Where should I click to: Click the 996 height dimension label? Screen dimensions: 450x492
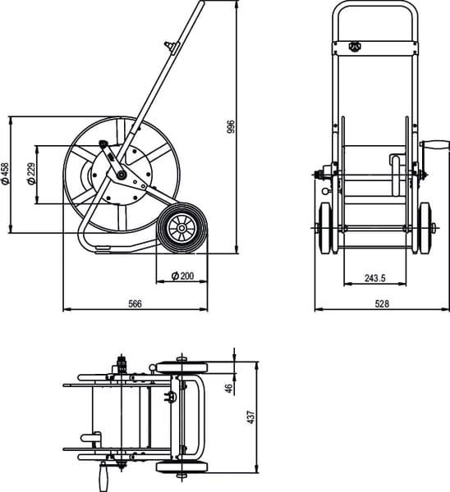pos(231,126)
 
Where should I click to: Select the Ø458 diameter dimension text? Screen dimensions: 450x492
pos(6,173)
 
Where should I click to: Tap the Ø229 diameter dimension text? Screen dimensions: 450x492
pos(31,174)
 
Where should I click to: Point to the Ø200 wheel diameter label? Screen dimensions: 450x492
pos(182,276)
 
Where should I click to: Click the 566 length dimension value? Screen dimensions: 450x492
pos(135,303)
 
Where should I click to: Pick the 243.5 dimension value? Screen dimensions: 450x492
pos(375,278)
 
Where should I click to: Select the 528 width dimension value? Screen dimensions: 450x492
pos(382,303)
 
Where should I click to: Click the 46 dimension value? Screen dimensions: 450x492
pos(231,388)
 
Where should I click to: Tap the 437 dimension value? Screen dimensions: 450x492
pos(251,417)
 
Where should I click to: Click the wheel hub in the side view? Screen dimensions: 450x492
pos(181,228)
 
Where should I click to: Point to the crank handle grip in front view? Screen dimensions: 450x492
pos(435,146)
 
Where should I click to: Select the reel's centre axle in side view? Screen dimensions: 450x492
pos(121,175)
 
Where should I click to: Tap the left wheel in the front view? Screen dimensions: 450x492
pos(325,228)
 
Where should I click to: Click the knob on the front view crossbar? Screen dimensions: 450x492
pos(355,47)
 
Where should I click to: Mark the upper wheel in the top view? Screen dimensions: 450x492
pos(181,367)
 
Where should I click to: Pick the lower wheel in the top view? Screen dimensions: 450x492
pos(181,467)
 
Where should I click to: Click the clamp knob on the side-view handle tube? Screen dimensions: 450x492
pos(171,47)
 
